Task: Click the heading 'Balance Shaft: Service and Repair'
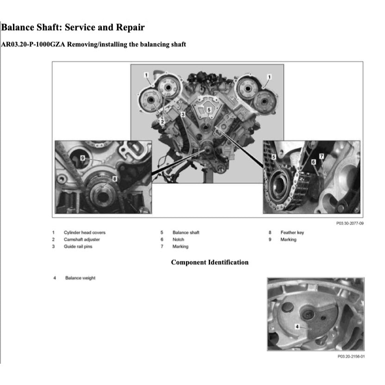(73, 27)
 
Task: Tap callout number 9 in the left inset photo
(82, 158)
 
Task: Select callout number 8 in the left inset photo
(114, 177)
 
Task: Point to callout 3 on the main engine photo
(183, 113)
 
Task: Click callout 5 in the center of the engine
(209, 110)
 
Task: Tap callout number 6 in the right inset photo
(313, 162)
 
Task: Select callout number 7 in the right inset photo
(321, 157)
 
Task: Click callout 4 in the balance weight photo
(297, 327)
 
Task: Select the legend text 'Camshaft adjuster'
(81, 239)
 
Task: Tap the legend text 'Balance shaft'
(186, 232)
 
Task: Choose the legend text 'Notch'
(178, 239)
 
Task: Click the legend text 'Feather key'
(292, 232)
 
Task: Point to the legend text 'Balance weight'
(80, 278)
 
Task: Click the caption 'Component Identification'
(210, 262)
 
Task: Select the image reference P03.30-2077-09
(349, 223)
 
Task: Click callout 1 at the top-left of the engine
(146, 75)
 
